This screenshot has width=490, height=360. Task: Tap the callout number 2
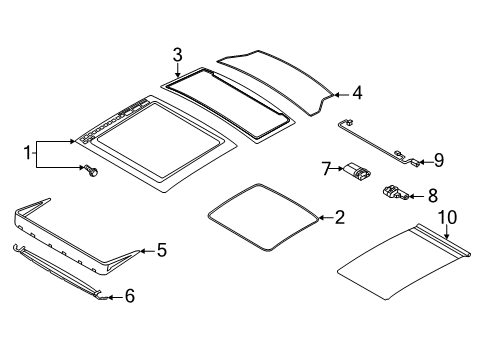pyautogui.click(x=340, y=217)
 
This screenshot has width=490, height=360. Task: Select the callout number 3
pyautogui.click(x=176, y=54)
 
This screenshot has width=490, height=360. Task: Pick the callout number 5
pyautogui.click(x=160, y=252)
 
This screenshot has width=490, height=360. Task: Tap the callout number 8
pyautogui.click(x=432, y=197)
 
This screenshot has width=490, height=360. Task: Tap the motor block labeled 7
pyautogui.click(x=356, y=172)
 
